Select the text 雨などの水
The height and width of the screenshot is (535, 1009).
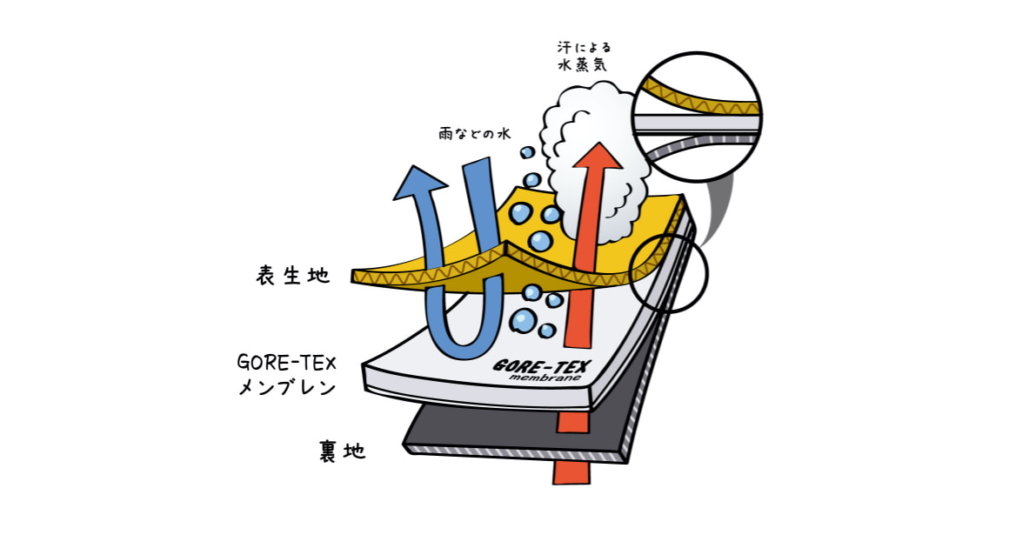474,134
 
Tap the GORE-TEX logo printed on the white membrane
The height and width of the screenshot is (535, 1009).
539,367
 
